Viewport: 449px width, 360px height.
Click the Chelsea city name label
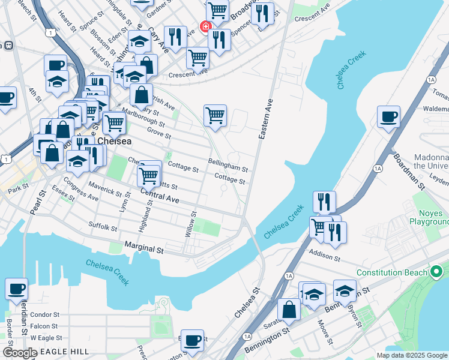[114, 141]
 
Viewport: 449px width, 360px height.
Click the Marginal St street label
[144, 247]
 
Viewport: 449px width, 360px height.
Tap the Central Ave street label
[160, 195]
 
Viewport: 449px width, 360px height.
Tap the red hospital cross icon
[205, 28]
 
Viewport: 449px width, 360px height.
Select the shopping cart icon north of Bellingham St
[215, 115]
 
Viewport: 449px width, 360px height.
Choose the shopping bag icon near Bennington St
[289, 309]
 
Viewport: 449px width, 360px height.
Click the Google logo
[19, 352]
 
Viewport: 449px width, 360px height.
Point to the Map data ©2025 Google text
[411, 355]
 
